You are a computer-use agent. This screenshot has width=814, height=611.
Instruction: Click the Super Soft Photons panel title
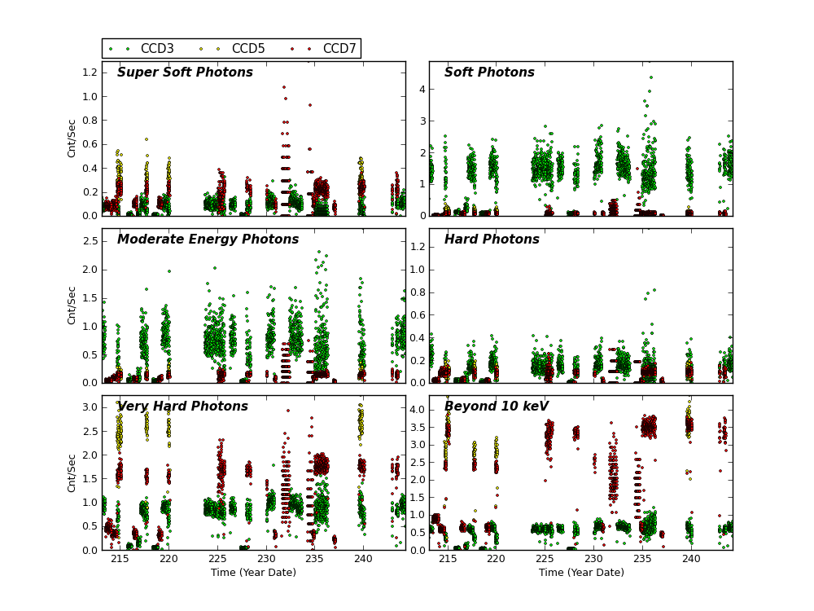185,73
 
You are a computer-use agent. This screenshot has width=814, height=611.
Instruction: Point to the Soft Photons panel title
489,73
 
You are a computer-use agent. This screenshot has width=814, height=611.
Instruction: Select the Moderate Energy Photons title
208,240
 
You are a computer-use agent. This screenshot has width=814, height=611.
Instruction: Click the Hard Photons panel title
492,240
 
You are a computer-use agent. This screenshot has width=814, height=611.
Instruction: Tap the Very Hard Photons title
182,407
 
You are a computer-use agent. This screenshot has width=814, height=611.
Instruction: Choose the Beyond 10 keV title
497,407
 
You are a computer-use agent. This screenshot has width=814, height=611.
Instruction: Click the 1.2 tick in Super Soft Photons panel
87,72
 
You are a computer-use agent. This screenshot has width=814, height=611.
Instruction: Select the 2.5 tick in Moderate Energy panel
87,241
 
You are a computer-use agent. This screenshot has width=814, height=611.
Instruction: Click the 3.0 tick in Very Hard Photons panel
87,407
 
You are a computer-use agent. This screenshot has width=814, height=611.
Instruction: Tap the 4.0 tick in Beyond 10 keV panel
414,409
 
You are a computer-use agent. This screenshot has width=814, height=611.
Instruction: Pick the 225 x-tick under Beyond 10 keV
545,560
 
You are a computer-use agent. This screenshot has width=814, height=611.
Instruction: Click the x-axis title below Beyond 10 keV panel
581,573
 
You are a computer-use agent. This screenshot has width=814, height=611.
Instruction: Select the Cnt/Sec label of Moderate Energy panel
72,305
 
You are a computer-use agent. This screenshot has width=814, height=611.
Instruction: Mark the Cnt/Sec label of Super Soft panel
72,138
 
